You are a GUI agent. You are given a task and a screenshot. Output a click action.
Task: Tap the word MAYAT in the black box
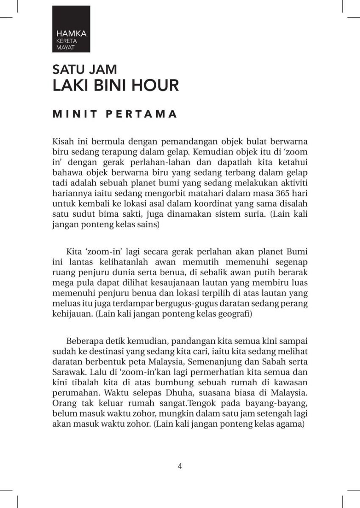[65, 48]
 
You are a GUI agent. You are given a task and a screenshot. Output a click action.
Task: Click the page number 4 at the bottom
[180, 467]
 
